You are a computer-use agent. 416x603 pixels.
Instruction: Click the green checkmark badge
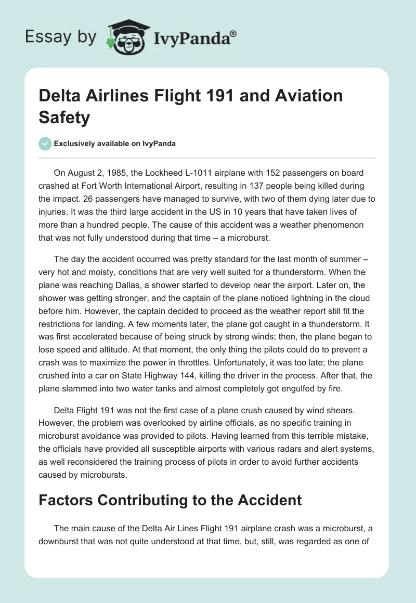point(46,143)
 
